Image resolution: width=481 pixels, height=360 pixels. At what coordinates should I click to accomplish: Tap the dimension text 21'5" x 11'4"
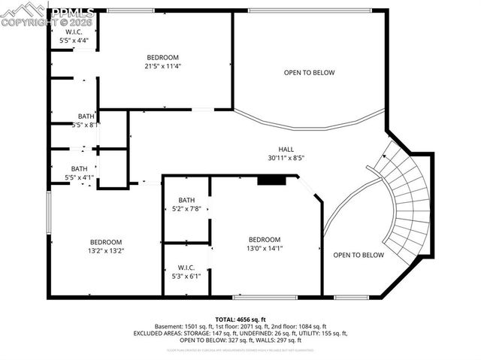click(x=163, y=66)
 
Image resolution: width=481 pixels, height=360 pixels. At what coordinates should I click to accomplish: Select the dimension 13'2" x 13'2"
click(x=105, y=250)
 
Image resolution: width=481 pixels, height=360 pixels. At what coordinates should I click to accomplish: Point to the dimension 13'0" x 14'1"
click(x=265, y=248)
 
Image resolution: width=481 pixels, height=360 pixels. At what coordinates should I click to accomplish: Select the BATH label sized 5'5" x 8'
click(x=86, y=116)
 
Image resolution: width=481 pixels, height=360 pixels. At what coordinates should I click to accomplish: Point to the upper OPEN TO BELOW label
click(x=309, y=73)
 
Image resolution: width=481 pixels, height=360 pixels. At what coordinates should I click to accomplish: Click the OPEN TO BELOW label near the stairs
click(x=358, y=255)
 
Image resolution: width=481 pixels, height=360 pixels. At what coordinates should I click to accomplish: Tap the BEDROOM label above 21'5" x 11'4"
click(x=163, y=58)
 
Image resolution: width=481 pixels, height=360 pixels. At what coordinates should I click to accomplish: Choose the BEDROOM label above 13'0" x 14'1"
click(x=265, y=240)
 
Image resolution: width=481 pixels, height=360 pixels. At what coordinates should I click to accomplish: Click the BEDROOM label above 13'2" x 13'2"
click(x=105, y=242)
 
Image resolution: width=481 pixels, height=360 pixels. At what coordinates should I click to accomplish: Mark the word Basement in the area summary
click(x=170, y=326)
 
